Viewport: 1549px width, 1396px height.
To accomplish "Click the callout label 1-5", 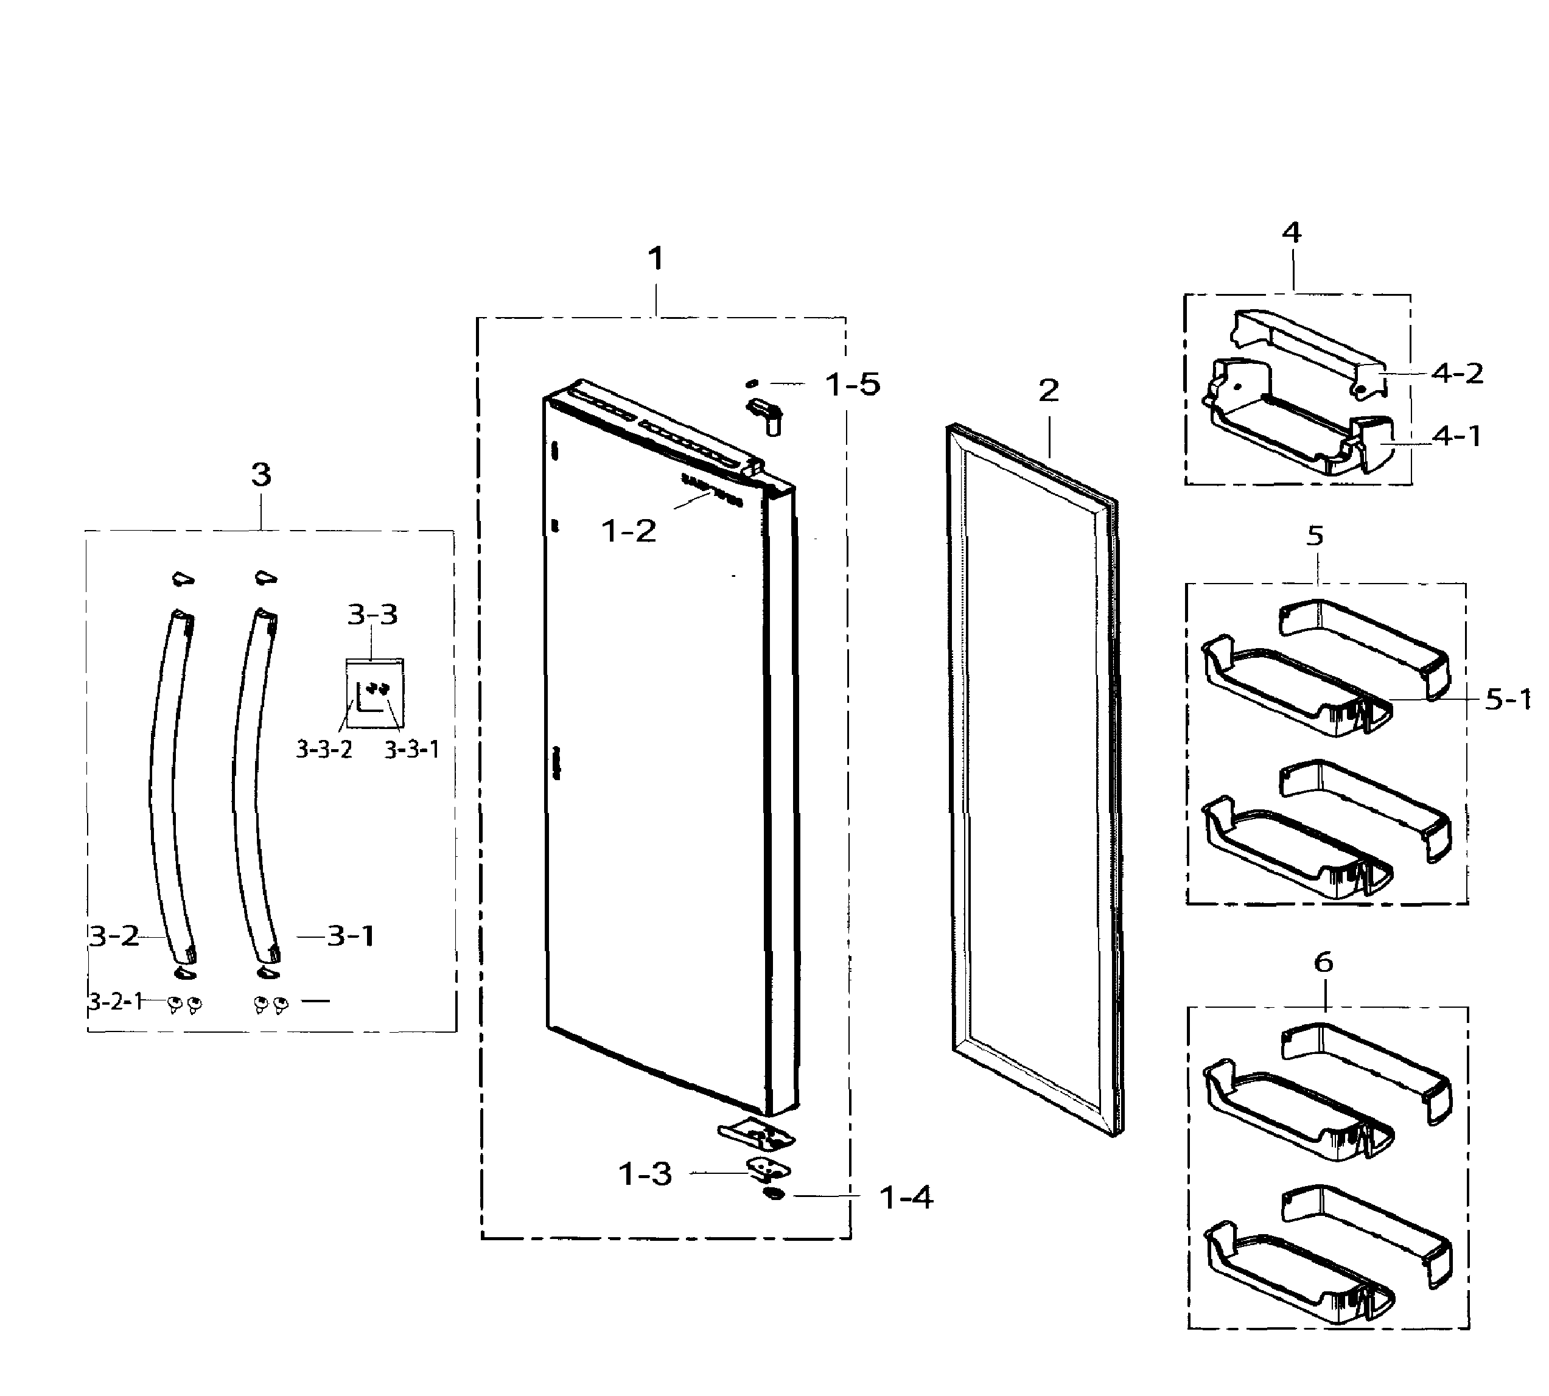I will [852, 384].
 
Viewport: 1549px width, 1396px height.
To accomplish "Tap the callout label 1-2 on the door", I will [628, 531].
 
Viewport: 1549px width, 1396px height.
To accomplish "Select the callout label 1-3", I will [645, 1173].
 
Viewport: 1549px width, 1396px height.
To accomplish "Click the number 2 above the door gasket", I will [1048, 391].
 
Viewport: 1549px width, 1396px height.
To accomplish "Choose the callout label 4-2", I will [1457, 374].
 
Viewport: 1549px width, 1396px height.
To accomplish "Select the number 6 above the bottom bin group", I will [1323, 962].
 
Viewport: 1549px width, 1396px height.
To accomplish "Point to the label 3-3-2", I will [324, 749].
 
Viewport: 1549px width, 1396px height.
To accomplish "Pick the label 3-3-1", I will [412, 749].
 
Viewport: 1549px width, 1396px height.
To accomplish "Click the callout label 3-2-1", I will [116, 1001].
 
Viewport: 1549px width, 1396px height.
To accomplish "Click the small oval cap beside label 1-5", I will [752, 383].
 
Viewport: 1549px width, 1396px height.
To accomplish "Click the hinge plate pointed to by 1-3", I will [768, 1169].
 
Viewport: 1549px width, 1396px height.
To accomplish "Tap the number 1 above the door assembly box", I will [654, 259].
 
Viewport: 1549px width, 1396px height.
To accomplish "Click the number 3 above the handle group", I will [261, 475].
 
